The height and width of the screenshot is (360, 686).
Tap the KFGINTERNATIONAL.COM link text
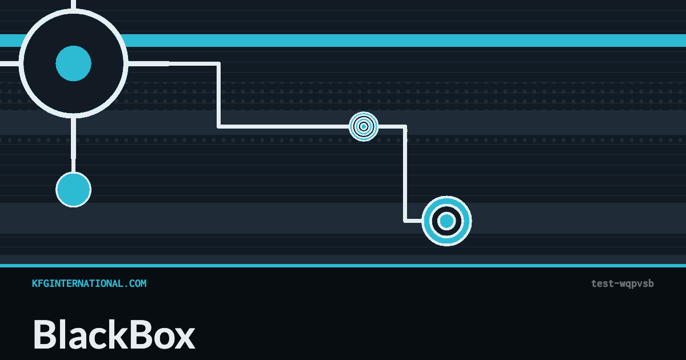[x=89, y=283]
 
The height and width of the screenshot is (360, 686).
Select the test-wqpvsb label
[x=623, y=284]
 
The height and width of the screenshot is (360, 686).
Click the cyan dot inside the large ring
[x=74, y=63]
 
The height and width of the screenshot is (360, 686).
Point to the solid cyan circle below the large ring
[x=74, y=190]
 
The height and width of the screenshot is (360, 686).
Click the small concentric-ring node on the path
[x=364, y=126]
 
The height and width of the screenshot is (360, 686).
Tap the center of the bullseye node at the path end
[x=446, y=221]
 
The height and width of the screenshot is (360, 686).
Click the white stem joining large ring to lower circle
[x=74, y=145]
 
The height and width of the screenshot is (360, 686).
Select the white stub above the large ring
[x=74, y=5]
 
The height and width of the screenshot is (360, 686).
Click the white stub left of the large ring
[x=10, y=63]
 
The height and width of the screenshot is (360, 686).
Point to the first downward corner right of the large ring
[x=218, y=63]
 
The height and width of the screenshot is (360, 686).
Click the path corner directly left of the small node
[x=218, y=126]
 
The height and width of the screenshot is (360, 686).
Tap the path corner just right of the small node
[x=405, y=126]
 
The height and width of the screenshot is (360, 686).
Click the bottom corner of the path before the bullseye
[x=405, y=221]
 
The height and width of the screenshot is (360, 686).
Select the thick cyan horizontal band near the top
[x=343, y=41]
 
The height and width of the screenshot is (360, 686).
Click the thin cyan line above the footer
[x=343, y=265]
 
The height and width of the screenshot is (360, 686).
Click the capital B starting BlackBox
[x=45, y=334]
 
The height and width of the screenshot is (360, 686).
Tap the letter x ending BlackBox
[x=184, y=338]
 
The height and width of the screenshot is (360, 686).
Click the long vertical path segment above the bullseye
[x=405, y=174]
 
